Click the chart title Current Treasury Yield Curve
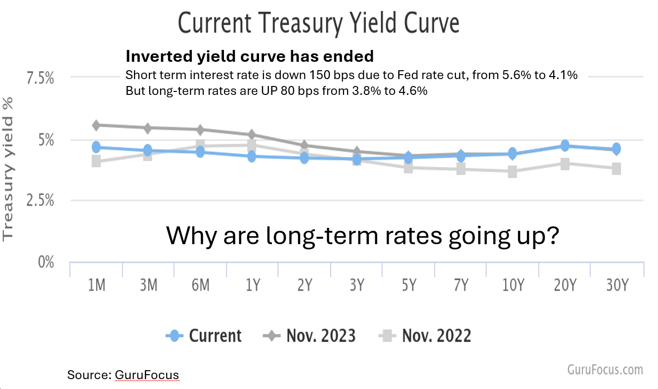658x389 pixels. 318,23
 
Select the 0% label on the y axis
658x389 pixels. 46,261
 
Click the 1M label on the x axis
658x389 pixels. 96,285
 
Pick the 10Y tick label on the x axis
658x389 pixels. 513,285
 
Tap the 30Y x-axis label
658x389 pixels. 616,285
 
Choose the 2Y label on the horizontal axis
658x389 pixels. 305,285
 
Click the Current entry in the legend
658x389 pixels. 204,336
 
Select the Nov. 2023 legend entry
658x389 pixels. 309,336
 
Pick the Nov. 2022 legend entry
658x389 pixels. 425,336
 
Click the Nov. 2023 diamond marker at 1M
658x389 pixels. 96,125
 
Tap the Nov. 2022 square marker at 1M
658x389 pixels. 96,161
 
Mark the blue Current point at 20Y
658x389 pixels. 565,146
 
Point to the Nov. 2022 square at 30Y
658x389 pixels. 616,169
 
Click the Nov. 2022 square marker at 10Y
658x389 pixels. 513,172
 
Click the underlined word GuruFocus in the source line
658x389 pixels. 146,375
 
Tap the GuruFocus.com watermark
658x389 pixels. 605,369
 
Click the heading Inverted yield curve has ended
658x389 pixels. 250,56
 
